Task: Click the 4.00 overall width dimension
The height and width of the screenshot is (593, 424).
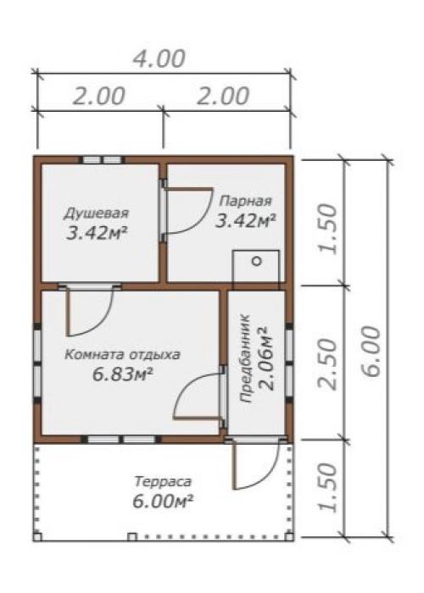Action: (x=159, y=59)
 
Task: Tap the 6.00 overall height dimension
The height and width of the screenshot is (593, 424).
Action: (x=371, y=352)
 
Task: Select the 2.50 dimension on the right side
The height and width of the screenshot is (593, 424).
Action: (x=328, y=364)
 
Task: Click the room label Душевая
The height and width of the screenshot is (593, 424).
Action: (x=96, y=213)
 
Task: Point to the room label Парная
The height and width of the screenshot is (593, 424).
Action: (x=246, y=201)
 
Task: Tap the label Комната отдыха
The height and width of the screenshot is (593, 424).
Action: (x=122, y=355)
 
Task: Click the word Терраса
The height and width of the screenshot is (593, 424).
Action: (x=163, y=482)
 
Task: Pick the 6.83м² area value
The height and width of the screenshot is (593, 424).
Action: (x=123, y=374)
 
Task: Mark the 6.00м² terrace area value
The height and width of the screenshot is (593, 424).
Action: (x=163, y=502)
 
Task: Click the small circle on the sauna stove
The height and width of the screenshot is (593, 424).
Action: (x=257, y=261)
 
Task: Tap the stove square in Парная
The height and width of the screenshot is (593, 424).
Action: (x=256, y=266)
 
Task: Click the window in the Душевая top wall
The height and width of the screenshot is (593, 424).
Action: (x=103, y=160)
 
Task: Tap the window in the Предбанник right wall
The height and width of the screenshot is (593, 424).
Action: (x=289, y=363)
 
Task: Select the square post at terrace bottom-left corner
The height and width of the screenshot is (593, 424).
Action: (x=37, y=536)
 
